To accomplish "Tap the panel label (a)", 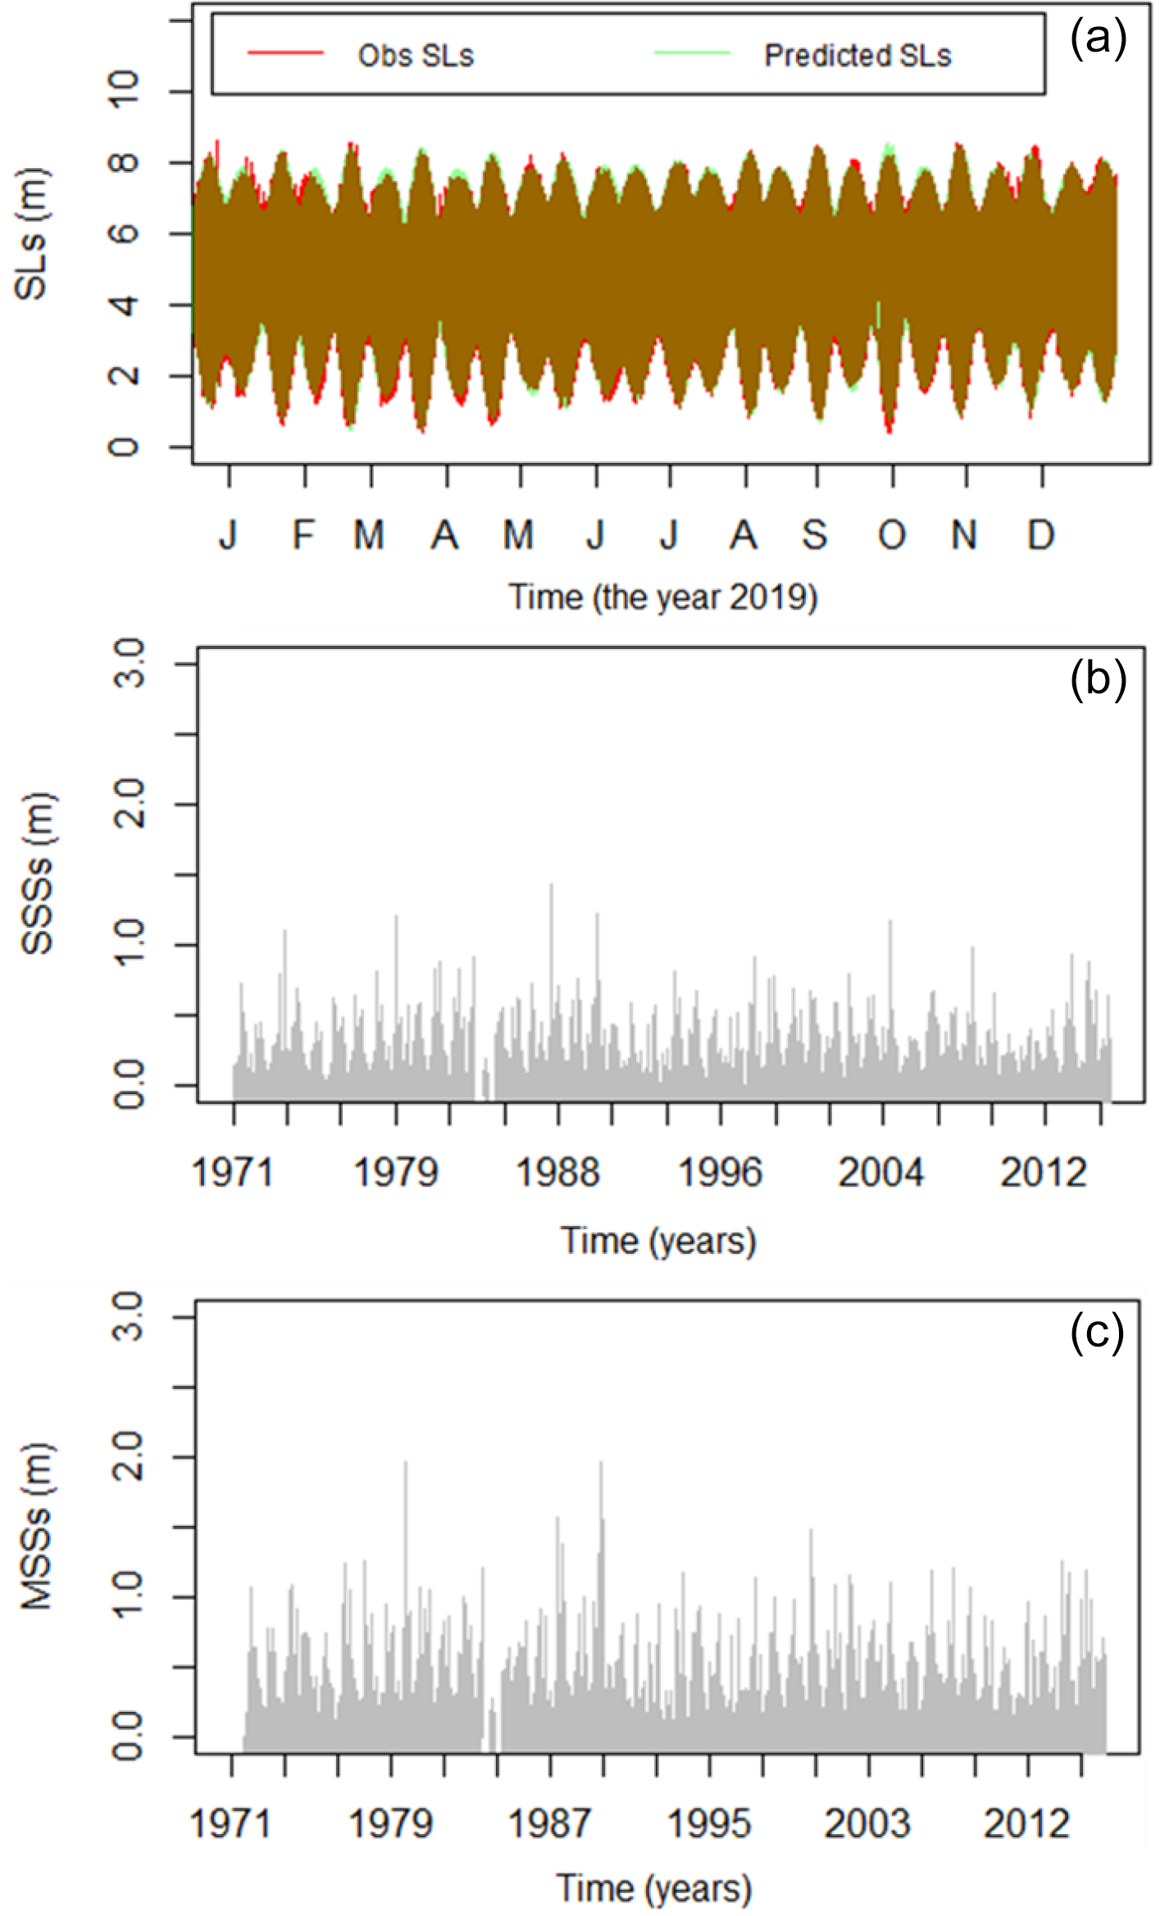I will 1098,39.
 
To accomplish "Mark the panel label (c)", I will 1097,1332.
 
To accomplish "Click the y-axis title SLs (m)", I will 33,234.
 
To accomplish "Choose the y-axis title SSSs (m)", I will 37,874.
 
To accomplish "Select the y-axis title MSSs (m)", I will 37,1526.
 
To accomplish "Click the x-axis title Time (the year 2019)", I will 662,597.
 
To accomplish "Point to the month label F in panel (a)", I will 304,535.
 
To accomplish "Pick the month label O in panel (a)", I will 892,535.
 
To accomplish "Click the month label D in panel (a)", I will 1040,535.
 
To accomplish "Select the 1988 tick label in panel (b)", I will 557,1173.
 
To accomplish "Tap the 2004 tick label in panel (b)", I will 880,1173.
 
